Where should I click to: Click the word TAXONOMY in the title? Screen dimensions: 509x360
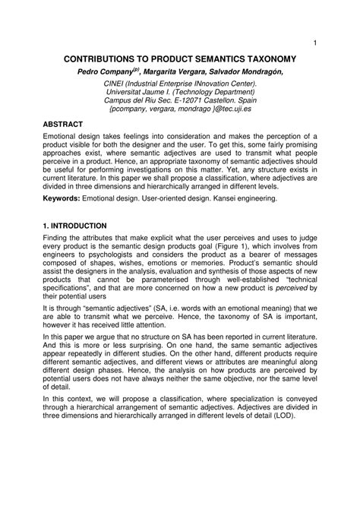(261, 58)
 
